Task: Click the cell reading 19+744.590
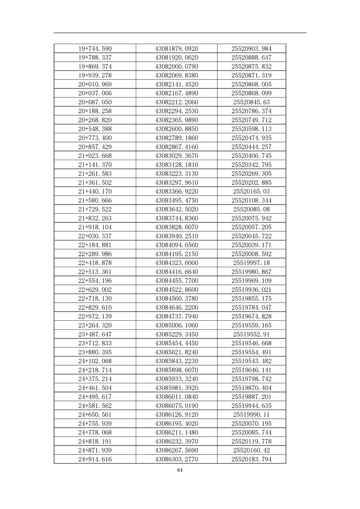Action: point(95,49)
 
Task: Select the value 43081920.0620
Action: point(177,58)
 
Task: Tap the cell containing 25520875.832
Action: point(251,66)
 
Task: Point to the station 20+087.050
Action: point(95,102)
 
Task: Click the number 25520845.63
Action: point(251,102)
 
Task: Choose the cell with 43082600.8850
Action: point(177,129)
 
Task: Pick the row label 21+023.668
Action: point(95,156)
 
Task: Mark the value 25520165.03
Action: point(251,191)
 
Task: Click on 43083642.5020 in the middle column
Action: point(177,209)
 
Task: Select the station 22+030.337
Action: point(95,236)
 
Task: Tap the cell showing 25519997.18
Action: point(251,263)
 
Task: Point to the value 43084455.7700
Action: point(177,281)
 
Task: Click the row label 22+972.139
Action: point(95,316)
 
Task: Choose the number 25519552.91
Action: point(251,334)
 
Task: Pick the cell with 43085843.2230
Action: point(177,361)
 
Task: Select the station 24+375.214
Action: point(95,379)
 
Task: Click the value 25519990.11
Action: point(251,415)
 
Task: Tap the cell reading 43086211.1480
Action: point(177,432)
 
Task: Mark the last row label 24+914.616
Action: point(95,459)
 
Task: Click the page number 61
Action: point(180,470)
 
